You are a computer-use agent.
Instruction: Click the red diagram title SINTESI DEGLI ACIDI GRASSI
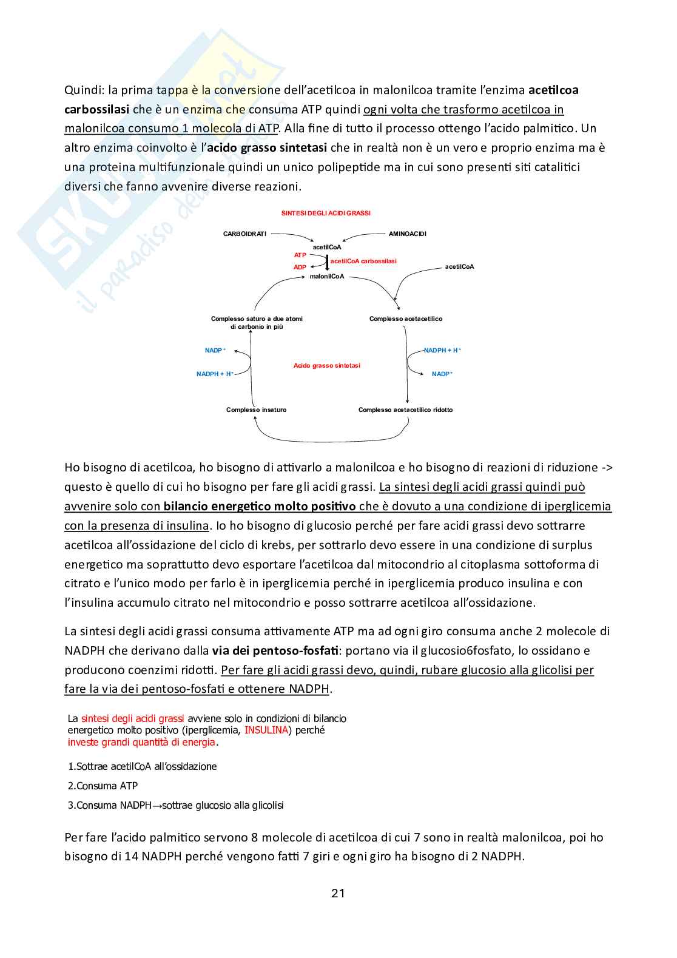pyautogui.click(x=326, y=213)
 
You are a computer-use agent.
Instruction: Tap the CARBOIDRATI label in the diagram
pyautogui.click(x=244, y=234)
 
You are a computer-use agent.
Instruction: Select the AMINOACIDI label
pyautogui.click(x=408, y=234)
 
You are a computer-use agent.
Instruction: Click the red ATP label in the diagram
pyautogui.click(x=300, y=255)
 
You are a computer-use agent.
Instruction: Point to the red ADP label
pyautogui.click(x=300, y=267)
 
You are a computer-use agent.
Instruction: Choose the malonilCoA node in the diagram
pyautogui.click(x=327, y=277)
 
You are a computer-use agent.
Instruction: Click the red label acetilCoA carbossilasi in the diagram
pyautogui.click(x=363, y=261)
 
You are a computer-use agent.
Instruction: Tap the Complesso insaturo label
pyautogui.click(x=256, y=410)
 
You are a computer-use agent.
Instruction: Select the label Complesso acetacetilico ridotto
pyautogui.click(x=405, y=410)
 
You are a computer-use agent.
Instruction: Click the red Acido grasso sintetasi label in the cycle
pyautogui.click(x=327, y=365)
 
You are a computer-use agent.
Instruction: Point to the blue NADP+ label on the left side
pyautogui.click(x=215, y=350)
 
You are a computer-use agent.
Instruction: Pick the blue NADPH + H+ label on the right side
pyautogui.click(x=442, y=350)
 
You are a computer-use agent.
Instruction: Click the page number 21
pyautogui.click(x=338, y=892)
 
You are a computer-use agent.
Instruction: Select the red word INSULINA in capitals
pyautogui.click(x=266, y=730)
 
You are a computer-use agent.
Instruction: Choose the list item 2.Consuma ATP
pyautogui.click(x=103, y=786)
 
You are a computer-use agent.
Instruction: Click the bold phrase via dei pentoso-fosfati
pyautogui.click(x=275, y=650)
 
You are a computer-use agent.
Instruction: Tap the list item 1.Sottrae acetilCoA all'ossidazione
pyautogui.click(x=143, y=766)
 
